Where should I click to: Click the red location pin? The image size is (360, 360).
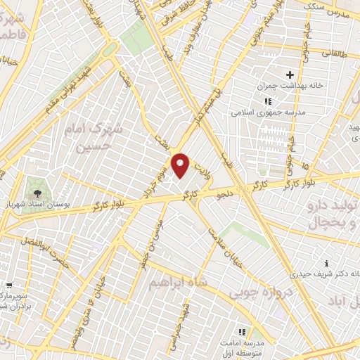point(181,165)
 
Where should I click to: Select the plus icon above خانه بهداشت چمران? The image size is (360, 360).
point(289,75)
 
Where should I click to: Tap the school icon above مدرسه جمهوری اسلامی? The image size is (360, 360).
point(267,101)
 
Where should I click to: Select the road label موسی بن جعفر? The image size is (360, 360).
point(159,241)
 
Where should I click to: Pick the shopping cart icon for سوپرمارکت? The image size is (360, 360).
point(8,285)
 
